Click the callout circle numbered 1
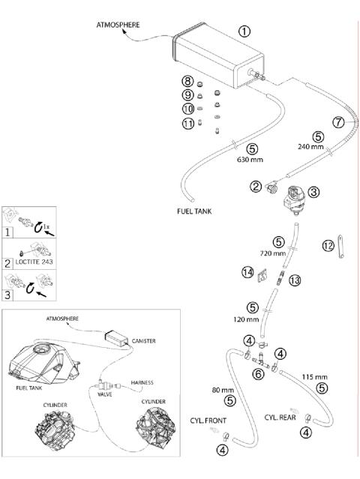(x=244, y=31)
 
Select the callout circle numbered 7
(x=338, y=122)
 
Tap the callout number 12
(x=328, y=246)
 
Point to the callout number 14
(x=247, y=272)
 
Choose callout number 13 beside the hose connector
(x=295, y=280)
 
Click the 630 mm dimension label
(x=250, y=159)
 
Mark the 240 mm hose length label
(x=310, y=147)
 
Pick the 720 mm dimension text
(x=273, y=253)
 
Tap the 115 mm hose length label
(x=314, y=377)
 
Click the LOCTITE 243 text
(x=34, y=262)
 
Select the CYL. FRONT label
(x=208, y=421)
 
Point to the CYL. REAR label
(x=280, y=418)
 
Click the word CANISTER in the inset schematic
(x=144, y=341)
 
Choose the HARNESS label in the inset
(x=142, y=382)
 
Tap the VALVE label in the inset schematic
(x=105, y=394)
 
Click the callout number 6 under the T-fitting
(x=259, y=373)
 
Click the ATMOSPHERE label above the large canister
(x=118, y=25)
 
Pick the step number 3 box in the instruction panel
(x=7, y=295)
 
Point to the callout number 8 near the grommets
(x=187, y=81)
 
